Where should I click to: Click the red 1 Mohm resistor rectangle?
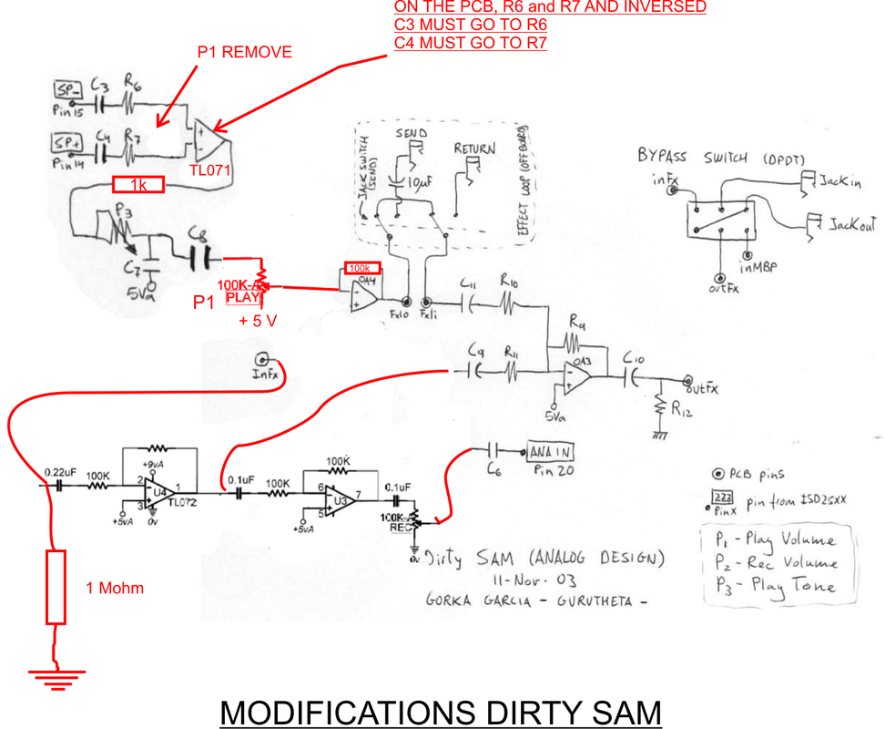coord(56,587)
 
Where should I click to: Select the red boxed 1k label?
coord(138,185)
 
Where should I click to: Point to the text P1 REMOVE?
coord(245,53)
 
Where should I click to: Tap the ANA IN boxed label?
coord(550,451)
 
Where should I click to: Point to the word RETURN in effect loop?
coord(475,149)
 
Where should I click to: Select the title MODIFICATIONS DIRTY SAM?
coord(441,711)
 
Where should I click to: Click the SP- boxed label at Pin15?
coord(68,90)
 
